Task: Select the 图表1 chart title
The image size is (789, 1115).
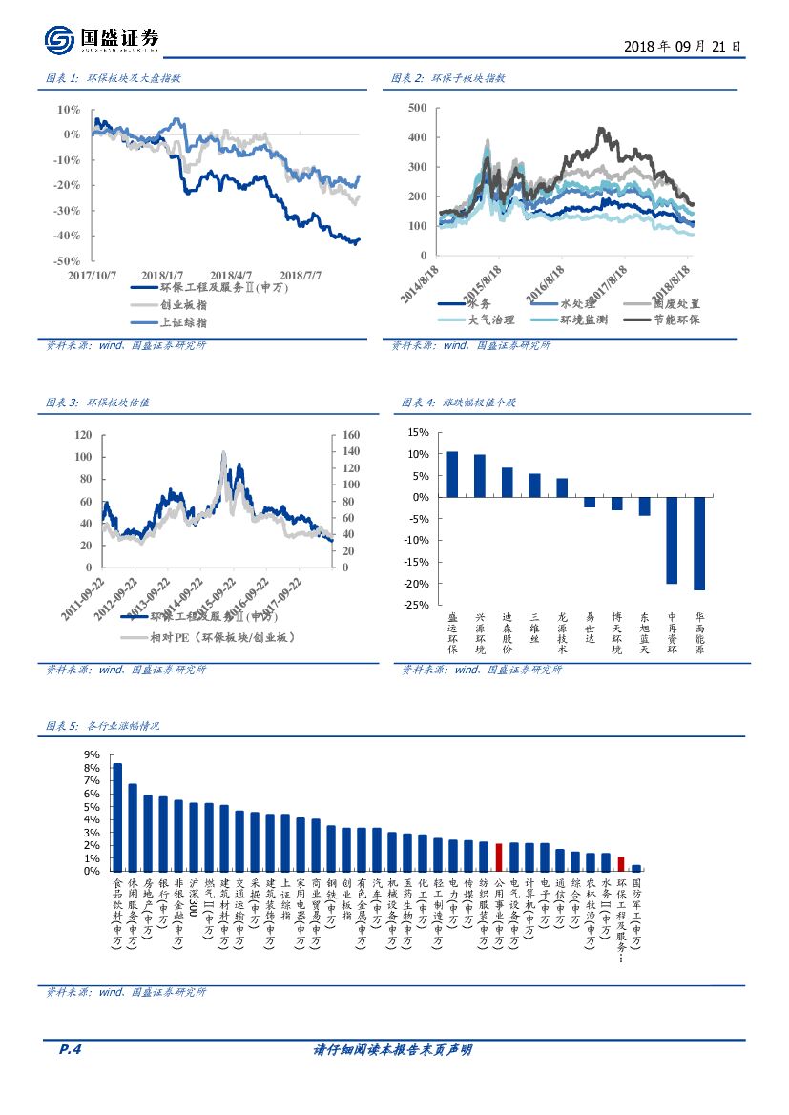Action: (x=114, y=78)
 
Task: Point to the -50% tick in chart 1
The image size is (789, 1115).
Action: (x=67, y=260)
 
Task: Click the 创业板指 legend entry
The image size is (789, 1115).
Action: (x=183, y=304)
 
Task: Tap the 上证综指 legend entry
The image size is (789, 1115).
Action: (x=183, y=322)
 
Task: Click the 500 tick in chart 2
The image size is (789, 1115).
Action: (x=416, y=108)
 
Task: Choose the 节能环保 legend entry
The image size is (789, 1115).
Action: (x=678, y=320)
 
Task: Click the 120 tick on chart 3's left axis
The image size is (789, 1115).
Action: (x=83, y=435)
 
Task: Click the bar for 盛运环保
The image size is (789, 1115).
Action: (x=452, y=474)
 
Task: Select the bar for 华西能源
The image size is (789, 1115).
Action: (x=699, y=544)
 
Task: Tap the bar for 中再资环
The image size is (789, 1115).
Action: (x=672, y=540)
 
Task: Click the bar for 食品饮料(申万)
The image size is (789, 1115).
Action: (x=117, y=816)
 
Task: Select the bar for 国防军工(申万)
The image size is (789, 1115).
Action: (x=636, y=868)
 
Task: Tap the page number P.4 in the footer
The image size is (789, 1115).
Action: (x=71, y=1050)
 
